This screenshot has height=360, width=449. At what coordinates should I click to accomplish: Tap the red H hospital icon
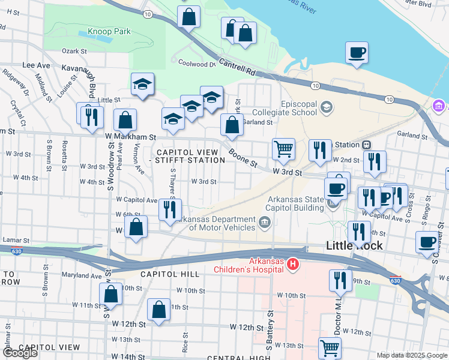(292, 263)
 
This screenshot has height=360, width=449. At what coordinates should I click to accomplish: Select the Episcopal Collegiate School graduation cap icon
(327, 107)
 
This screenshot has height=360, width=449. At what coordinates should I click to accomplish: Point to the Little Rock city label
(354, 245)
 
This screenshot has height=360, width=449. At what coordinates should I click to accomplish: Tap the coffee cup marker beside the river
(357, 52)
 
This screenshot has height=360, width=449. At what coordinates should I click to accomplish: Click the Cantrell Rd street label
(237, 66)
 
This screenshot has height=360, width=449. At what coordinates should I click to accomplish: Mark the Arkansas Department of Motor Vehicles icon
(264, 223)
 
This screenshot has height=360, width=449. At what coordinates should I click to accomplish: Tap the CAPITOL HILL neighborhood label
(169, 274)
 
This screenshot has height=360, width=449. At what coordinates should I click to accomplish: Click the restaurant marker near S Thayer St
(170, 209)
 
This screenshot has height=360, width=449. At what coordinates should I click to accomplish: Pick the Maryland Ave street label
(82, 276)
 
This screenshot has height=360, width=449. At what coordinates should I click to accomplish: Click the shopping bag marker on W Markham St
(125, 119)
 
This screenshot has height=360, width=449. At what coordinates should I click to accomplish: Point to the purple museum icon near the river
(439, 107)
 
